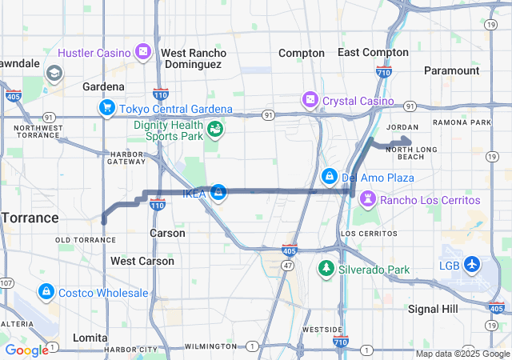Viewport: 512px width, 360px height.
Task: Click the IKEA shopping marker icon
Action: tap(218, 192)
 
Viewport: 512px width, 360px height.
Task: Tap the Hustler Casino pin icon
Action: tap(143, 52)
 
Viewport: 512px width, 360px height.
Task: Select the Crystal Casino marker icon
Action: tap(310, 101)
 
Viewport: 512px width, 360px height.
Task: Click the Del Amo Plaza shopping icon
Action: tap(329, 176)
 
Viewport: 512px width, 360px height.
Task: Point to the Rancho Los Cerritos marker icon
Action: tap(367, 198)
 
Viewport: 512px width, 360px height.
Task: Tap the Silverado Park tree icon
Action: tap(326, 268)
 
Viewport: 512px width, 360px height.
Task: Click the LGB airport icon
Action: tap(471, 264)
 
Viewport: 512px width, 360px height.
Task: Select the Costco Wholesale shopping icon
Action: tap(46, 292)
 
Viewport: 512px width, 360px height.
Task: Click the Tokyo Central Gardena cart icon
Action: tap(106, 108)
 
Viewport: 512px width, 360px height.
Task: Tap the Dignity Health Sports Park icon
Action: tap(214, 129)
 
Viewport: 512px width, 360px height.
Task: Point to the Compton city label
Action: tap(302, 53)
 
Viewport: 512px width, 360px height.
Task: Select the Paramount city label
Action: tap(452, 70)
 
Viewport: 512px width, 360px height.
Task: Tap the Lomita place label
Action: tap(90, 338)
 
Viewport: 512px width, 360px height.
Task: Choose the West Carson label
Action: tap(142, 261)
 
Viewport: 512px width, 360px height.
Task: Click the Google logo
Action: tap(26, 350)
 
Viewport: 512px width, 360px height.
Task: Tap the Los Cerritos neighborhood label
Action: tap(368, 233)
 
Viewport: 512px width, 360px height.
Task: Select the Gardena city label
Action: tap(104, 86)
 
